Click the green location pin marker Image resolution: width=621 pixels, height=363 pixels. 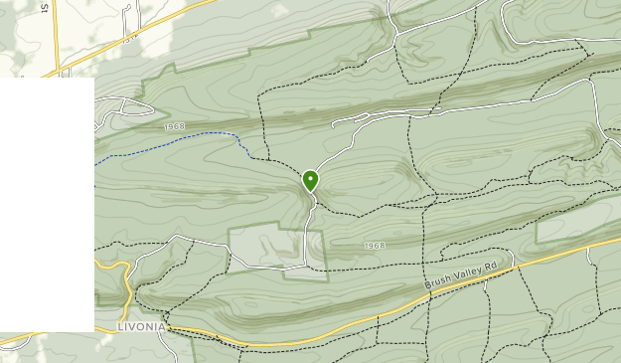311,180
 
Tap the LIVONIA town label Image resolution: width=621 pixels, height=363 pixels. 140,326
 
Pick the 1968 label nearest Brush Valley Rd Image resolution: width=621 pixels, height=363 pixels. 375,245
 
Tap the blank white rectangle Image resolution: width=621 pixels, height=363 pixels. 47,204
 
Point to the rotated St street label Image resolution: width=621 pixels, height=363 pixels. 44,7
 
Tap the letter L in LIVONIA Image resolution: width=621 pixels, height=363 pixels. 120,326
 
